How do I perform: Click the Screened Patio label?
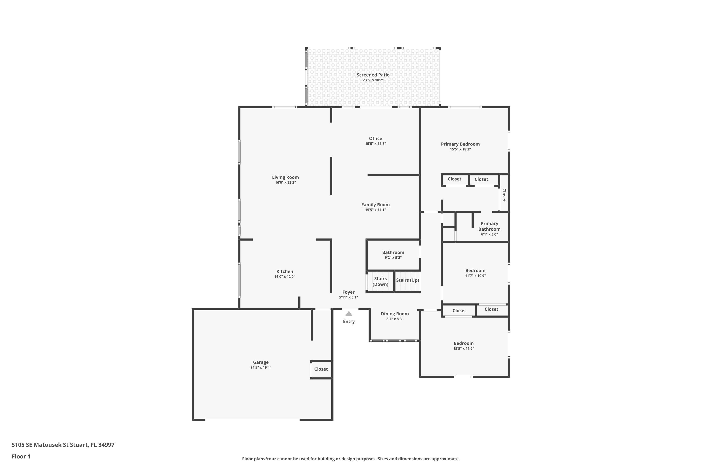373,75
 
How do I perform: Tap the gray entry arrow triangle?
349,314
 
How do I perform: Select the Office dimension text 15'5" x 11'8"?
376,144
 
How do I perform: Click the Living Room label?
285,177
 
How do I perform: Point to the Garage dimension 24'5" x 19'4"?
261,368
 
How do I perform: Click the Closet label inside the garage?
321,369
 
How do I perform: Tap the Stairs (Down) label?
380,282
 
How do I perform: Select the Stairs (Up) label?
407,280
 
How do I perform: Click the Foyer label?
348,292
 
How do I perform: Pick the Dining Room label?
395,314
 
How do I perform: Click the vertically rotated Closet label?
504,195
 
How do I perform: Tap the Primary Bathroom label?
489,226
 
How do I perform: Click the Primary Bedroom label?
460,144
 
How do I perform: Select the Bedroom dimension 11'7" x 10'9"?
475,276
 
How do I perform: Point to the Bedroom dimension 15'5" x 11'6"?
464,349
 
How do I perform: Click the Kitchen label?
285,271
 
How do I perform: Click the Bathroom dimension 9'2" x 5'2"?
393,258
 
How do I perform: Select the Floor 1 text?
21,456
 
